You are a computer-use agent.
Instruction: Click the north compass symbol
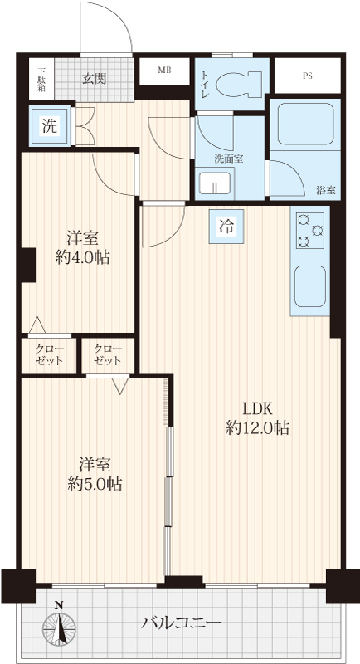(60, 622)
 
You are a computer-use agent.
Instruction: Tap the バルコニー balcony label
(182, 623)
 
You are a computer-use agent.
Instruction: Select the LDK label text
(257, 409)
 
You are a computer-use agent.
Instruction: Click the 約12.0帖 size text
(257, 428)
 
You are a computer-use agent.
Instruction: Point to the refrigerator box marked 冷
(226, 226)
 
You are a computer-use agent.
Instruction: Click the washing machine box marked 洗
(50, 126)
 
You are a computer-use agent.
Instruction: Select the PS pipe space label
(308, 76)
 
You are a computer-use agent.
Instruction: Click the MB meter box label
(164, 71)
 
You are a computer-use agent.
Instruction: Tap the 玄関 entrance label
(94, 78)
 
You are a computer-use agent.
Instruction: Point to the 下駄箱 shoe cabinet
(41, 79)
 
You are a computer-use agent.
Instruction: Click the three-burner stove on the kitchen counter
(310, 230)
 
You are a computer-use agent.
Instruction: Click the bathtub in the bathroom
(305, 124)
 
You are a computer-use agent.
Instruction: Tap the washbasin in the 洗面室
(216, 183)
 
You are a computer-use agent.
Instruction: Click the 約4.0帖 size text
(83, 257)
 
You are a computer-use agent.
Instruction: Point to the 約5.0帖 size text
(95, 483)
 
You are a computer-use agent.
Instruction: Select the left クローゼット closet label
(50, 355)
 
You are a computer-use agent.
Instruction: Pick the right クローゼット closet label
(108, 355)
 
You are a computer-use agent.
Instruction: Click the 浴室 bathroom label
(326, 191)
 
